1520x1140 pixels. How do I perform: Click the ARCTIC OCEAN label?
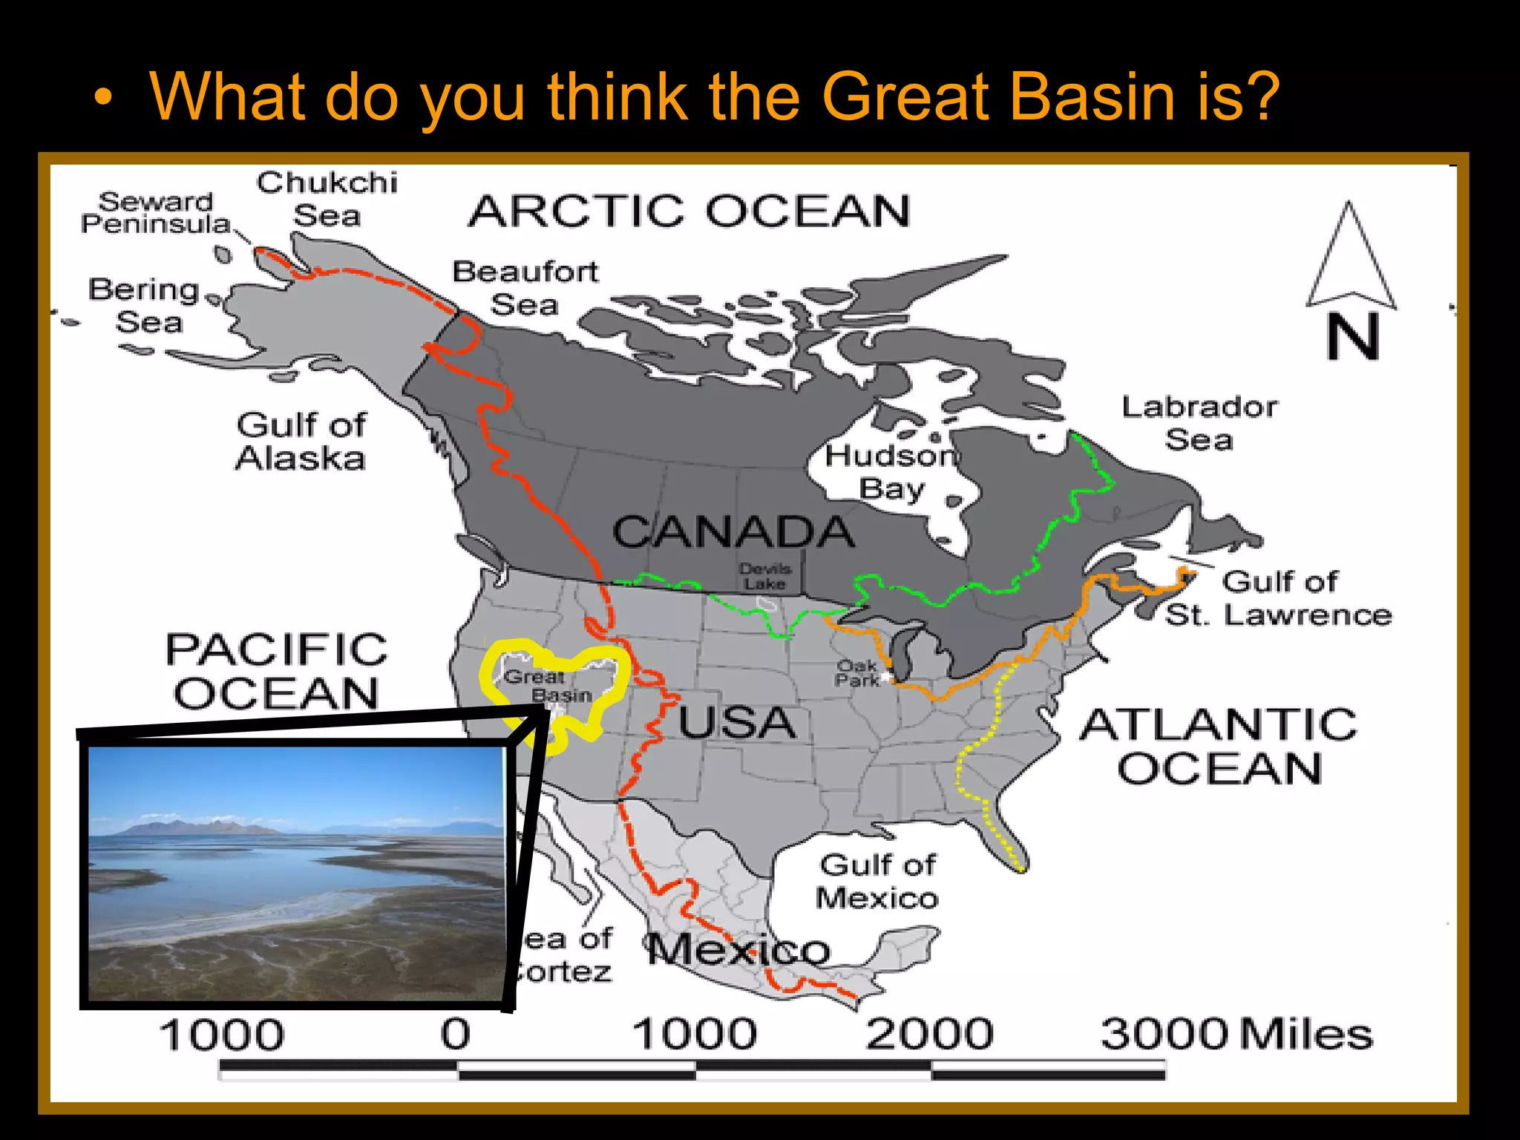tap(689, 211)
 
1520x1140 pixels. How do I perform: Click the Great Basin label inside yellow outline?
tap(548, 686)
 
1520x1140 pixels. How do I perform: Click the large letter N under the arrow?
tap(1353, 337)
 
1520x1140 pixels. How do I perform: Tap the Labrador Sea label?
tap(1199, 423)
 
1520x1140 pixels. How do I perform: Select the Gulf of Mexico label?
tap(877, 881)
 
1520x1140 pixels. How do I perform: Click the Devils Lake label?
tap(765, 577)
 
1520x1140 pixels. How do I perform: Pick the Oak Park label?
tap(856, 672)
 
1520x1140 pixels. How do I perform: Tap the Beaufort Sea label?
tap(525, 288)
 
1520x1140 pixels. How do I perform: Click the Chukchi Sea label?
tap(327, 199)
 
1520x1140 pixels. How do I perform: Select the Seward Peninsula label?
tap(156, 212)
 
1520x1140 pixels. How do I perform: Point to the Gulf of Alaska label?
tap(301, 442)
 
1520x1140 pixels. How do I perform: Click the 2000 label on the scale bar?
tap(929, 1033)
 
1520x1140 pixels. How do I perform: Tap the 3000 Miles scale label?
tap(1236, 1033)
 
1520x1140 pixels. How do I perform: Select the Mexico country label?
tap(738, 949)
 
